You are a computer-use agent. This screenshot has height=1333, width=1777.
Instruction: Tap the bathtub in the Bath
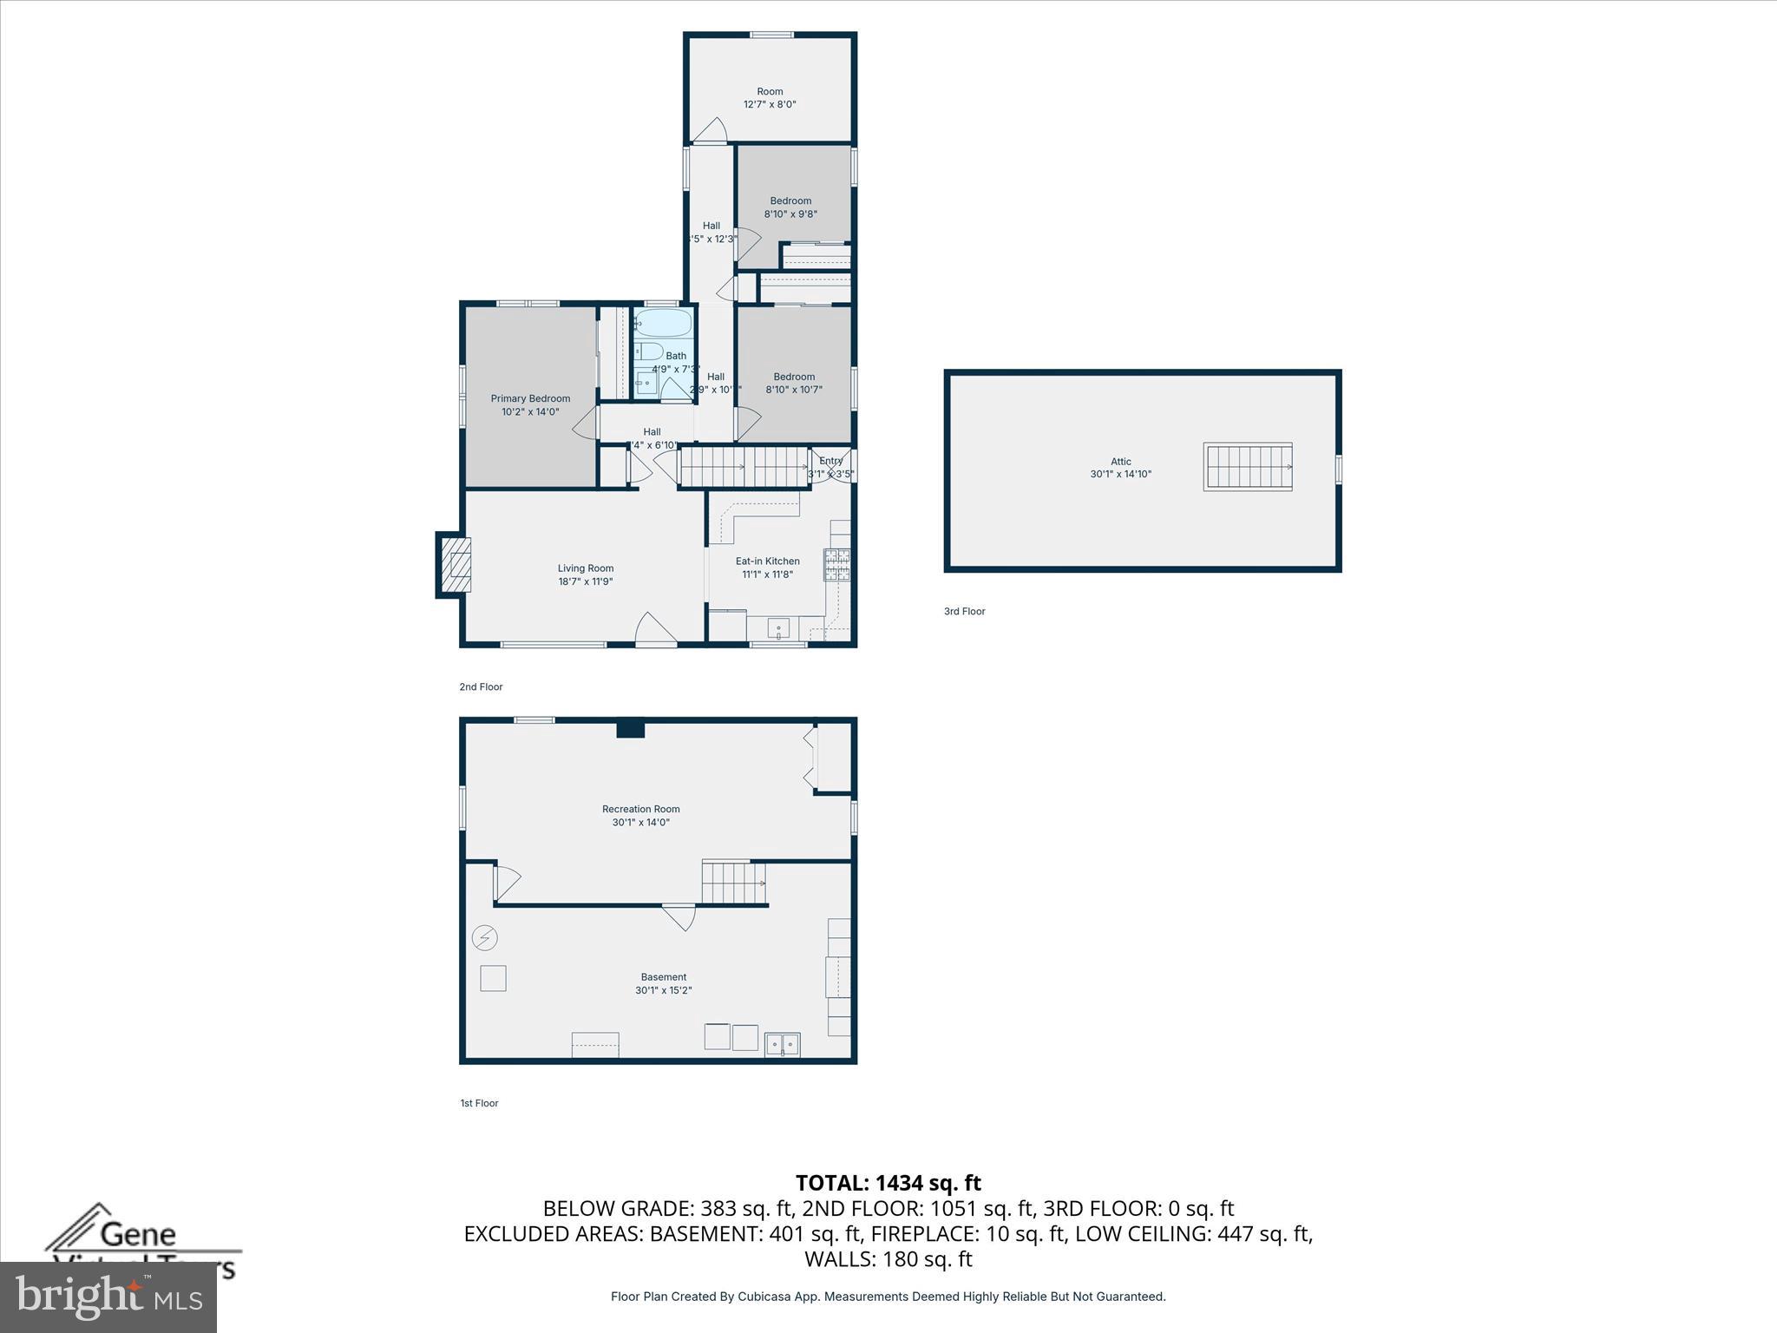point(663,325)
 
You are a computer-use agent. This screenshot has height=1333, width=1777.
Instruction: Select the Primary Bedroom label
point(530,399)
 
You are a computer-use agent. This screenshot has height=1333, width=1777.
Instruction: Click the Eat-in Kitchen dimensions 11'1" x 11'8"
point(767,575)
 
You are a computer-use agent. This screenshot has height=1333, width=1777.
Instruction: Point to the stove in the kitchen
point(837,565)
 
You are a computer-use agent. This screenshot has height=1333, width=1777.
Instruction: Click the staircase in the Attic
point(1248,467)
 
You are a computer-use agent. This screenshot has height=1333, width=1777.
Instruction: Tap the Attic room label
point(1120,462)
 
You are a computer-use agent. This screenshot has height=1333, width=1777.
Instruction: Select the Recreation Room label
point(641,809)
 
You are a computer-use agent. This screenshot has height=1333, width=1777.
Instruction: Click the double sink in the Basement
point(782,1044)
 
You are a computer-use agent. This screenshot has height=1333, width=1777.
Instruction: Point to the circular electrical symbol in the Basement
point(484,938)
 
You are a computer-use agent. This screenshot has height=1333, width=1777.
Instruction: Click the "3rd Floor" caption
point(964,612)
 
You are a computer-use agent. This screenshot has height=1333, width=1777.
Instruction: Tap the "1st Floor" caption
point(479,1104)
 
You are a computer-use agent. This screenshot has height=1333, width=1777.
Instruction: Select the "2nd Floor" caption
point(481,687)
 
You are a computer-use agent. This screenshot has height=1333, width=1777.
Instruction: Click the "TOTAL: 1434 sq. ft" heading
point(888,1183)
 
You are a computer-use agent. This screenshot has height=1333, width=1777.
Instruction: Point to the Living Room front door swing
point(655,629)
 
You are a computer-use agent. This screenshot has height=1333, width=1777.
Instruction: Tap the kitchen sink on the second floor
point(778,628)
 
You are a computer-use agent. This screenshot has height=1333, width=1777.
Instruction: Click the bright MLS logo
point(108,1297)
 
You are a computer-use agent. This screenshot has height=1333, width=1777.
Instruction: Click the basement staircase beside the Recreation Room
point(734,883)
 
